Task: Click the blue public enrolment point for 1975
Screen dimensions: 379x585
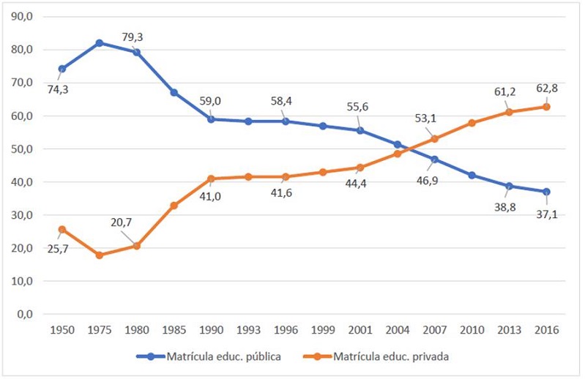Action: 99,42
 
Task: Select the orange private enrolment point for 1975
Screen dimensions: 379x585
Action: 99,255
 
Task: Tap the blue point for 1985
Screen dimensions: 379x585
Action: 174,92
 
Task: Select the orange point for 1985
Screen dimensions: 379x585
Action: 174,206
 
